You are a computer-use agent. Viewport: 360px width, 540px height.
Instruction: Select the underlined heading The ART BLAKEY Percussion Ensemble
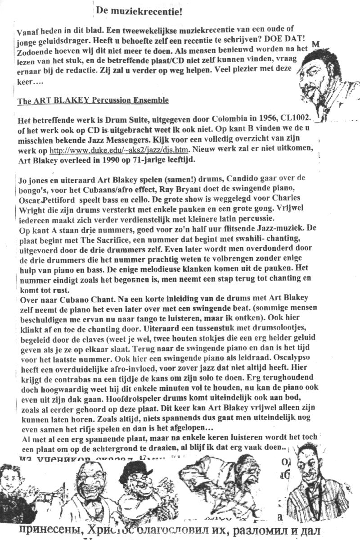point(93,100)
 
